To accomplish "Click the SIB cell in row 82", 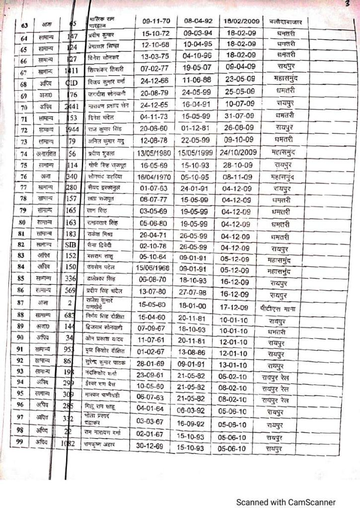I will [x=71, y=244].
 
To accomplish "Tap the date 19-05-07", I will [x=198, y=67].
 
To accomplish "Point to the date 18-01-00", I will [x=198, y=308].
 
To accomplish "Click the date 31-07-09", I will [x=239, y=116].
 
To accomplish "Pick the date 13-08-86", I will [x=198, y=352].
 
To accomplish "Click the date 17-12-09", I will [x=239, y=308].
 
